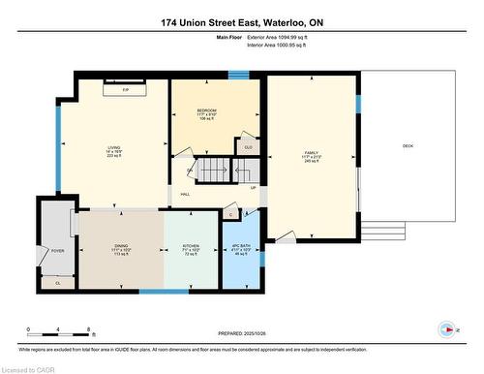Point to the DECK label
click(x=408, y=146)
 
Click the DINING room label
click(x=121, y=250)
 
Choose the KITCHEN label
click(x=191, y=250)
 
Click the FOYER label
click(x=57, y=249)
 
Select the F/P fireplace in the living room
click(x=127, y=89)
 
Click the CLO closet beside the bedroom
click(x=248, y=147)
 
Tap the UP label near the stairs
click(x=254, y=188)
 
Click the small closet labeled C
click(x=230, y=213)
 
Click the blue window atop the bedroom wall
click(x=238, y=75)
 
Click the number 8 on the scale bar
click(x=89, y=330)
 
